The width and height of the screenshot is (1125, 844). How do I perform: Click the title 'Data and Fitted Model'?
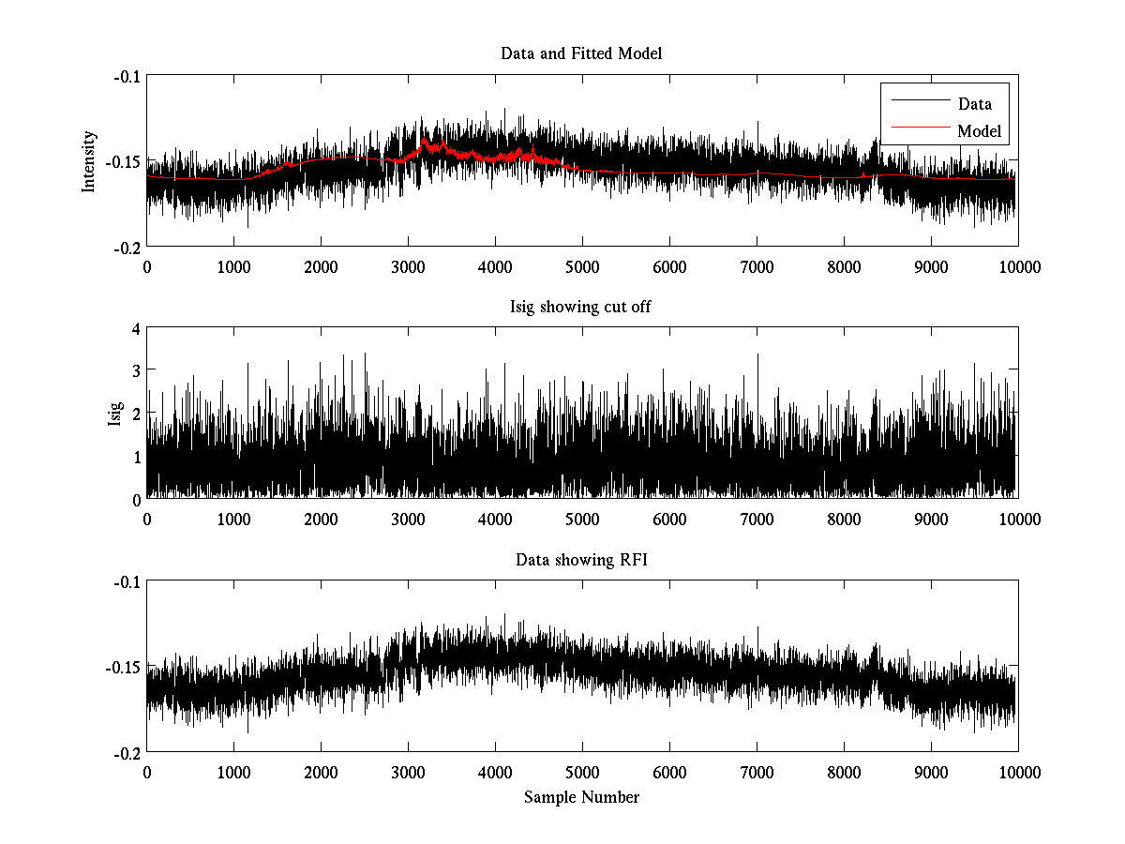point(581,53)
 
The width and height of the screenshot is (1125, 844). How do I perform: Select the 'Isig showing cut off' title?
point(581,307)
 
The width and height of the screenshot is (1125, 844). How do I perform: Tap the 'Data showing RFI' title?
point(581,560)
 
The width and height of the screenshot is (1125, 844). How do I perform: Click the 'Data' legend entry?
point(974,104)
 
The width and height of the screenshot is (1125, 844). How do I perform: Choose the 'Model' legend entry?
point(979,131)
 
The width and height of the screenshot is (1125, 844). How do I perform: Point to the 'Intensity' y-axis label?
point(89,160)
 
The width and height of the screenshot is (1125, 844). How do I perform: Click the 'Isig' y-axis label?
point(115,414)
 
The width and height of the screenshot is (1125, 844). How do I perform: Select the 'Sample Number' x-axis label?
point(581,797)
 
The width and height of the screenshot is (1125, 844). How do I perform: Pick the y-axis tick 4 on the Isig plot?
point(136,329)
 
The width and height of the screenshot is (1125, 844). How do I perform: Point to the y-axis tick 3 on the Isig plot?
point(136,371)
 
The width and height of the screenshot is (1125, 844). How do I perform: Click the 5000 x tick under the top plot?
point(582,266)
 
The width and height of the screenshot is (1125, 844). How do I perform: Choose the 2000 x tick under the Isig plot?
point(321,519)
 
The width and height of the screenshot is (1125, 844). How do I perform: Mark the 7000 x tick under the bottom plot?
point(757,772)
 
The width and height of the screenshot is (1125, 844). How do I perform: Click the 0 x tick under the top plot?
point(147,266)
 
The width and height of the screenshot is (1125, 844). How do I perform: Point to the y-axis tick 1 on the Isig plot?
point(136,457)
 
